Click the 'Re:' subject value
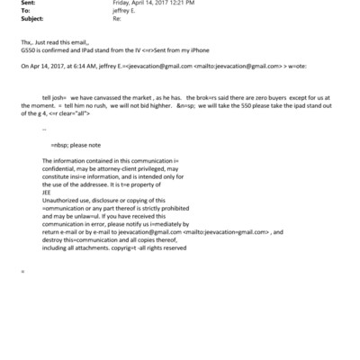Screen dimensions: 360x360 pos(116,17)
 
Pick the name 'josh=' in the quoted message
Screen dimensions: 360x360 pos(63,94)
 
